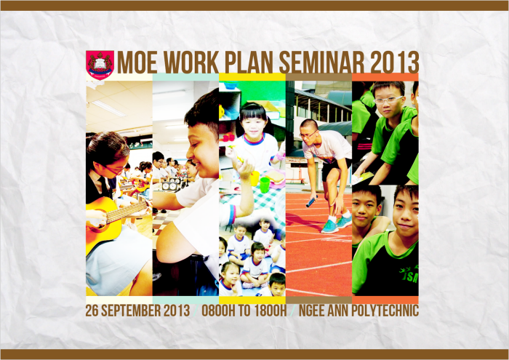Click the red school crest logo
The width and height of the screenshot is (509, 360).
point(100,64)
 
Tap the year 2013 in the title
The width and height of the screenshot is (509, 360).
point(394,63)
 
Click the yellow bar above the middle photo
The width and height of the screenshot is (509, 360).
point(252,77)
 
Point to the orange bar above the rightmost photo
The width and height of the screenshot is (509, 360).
point(385,77)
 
